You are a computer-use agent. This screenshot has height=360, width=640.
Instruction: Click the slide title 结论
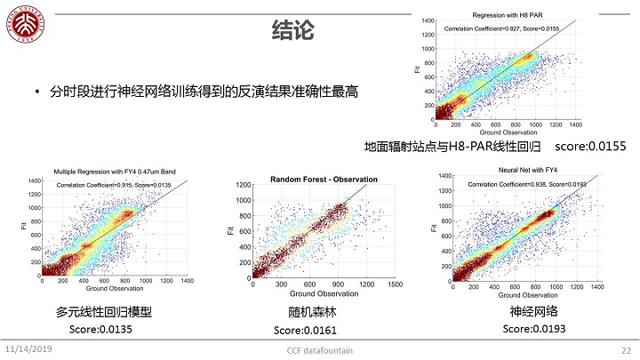click(x=292, y=32)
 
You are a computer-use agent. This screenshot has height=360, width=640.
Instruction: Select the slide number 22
click(x=626, y=349)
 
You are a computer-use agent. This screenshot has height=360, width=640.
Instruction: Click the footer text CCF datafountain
click(x=319, y=350)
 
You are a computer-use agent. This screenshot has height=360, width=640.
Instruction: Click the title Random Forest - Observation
click(x=324, y=179)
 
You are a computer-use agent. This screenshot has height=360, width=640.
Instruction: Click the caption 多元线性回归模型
click(x=104, y=312)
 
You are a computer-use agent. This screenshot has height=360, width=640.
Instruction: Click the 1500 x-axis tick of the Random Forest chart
click(x=396, y=286)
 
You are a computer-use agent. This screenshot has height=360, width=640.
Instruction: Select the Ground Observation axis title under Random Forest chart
click(x=324, y=294)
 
